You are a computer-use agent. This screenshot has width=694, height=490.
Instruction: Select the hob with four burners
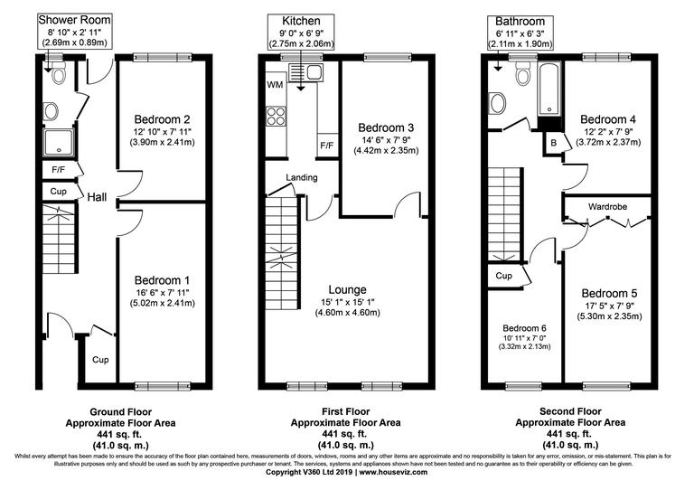pyautogui.click(x=275, y=116)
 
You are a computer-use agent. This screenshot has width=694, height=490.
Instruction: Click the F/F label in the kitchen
pyautogui.click(x=325, y=146)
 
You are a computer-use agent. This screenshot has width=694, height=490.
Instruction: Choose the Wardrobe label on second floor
pyautogui.click(x=607, y=206)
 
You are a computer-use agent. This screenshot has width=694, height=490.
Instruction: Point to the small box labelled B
pyautogui.click(x=554, y=142)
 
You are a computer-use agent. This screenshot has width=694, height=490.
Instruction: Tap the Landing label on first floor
pyautogui.click(x=302, y=177)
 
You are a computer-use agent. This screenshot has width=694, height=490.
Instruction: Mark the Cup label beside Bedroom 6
pyautogui.click(x=503, y=276)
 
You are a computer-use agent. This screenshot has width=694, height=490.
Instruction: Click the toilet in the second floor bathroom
pyautogui.click(x=522, y=76)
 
